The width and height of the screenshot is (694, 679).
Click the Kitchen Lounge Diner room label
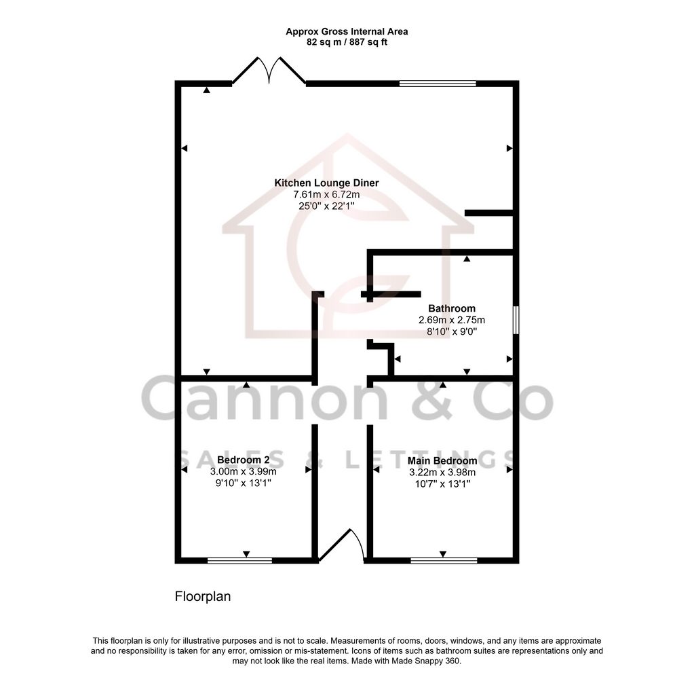pyautogui.click(x=326, y=183)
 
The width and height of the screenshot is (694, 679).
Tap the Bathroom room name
pyautogui.click(x=452, y=309)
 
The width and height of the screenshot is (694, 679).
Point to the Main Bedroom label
pyautogui.click(x=442, y=461)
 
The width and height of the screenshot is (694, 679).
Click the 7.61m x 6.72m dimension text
pyautogui.click(x=326, y=195)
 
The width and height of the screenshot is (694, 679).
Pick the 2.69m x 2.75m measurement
pyautogui.click(x=452, y=320)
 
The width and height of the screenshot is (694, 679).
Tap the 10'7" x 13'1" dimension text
pyautogui.click(x=442, y=484)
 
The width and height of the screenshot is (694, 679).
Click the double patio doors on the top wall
pyautogui.click(x=269, y=71)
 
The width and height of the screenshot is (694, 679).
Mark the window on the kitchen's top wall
pyautogui.click(x=438, y=84)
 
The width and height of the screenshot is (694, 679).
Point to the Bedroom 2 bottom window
pyautogui.click(x=239, y=561)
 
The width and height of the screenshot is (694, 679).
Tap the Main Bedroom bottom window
pyautogui.click(x=444, y=561)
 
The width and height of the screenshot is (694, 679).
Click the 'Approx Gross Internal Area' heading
pyautogui.click(x=347, y=31)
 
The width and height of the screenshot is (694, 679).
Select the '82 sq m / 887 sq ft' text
pyautogui.click(x=347, y=42)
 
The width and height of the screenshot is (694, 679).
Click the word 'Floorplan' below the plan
pyautogui.click(x=203, y=598)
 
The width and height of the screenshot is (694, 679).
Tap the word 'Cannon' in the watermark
pyautogui.click(x=265, y=399)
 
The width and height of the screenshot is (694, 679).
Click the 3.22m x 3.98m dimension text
pyautogui.click(x=442, y=473)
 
